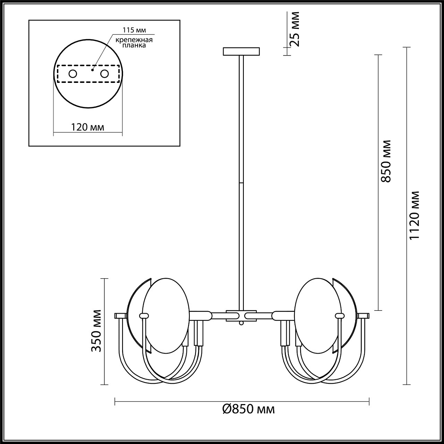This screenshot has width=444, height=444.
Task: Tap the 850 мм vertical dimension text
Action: point(386,161)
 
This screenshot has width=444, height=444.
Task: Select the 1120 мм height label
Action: point(414,215)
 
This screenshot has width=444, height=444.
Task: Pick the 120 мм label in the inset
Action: point(87,127)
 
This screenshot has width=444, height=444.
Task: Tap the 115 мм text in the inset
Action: point(134,30)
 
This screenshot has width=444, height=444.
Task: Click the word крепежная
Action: point(134,40)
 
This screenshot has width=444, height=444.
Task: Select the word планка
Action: point(134,46)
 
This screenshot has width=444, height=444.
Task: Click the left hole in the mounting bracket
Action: point(73,74)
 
